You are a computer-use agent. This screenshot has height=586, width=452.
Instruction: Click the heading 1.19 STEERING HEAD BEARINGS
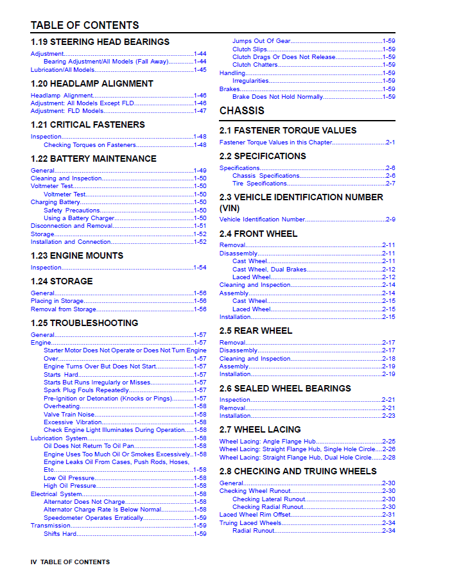tap(100, 42)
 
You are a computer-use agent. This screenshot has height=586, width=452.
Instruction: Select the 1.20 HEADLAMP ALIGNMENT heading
tap(92, 83)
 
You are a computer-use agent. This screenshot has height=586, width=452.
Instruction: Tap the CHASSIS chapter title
tap(242, 110)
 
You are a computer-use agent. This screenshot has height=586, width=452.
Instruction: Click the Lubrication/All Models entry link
tap(63, 70)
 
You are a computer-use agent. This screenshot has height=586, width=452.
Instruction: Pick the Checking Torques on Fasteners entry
tap(90, 145)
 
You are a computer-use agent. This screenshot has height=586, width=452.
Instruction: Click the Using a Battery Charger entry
tap(79, 218)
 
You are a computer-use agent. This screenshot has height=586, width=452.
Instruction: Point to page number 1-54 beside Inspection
tap(200, 268)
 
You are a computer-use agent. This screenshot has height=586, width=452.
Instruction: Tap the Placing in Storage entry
tap(57, 301)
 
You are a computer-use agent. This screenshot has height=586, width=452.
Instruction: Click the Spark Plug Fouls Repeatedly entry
tap(87, 390)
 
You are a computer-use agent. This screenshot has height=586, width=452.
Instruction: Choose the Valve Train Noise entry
tap(69, 415)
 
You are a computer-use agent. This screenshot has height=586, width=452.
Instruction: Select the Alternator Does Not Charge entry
tap(84, 502)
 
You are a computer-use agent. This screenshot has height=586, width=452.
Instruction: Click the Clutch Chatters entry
tap(255, 65)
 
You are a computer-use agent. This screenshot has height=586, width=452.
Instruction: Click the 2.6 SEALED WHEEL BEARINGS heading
tap(285, 388)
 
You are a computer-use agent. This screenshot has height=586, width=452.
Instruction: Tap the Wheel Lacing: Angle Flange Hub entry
tap(267, 442)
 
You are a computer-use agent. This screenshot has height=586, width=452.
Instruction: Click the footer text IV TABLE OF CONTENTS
tap(70, 562)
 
